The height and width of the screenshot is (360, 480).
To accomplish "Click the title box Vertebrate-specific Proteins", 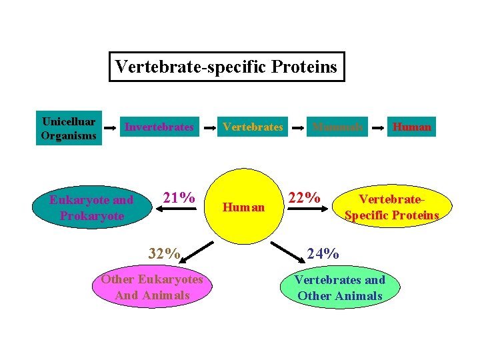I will (227, 67).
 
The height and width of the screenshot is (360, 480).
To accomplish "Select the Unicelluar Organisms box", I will (69, 127).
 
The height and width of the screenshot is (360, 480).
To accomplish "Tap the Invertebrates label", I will (159, 127).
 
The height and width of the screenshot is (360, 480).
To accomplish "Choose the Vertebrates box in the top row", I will (253, 127).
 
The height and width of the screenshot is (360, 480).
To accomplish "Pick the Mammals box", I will (337, 127).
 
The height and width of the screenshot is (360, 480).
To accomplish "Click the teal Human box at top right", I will (411, 127).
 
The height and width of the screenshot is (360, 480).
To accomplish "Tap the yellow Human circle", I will (243, 207).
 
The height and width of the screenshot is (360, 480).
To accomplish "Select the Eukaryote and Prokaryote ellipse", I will (92, 208).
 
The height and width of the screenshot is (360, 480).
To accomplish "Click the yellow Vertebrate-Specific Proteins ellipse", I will (391, 207).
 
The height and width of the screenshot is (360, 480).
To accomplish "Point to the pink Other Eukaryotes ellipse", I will (152, 287).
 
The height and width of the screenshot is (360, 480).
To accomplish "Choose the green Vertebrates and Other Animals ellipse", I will (340, 288).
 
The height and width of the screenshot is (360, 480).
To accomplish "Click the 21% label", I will (179, 197).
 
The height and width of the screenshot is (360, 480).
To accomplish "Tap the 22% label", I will (304, 198).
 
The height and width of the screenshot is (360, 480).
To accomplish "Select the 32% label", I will (164, 253).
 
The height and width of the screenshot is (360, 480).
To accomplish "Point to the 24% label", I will (323, 253).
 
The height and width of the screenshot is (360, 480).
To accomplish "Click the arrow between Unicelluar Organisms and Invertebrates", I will (111, 126).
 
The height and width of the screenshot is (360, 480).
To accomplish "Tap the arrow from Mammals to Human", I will (377, 126).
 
